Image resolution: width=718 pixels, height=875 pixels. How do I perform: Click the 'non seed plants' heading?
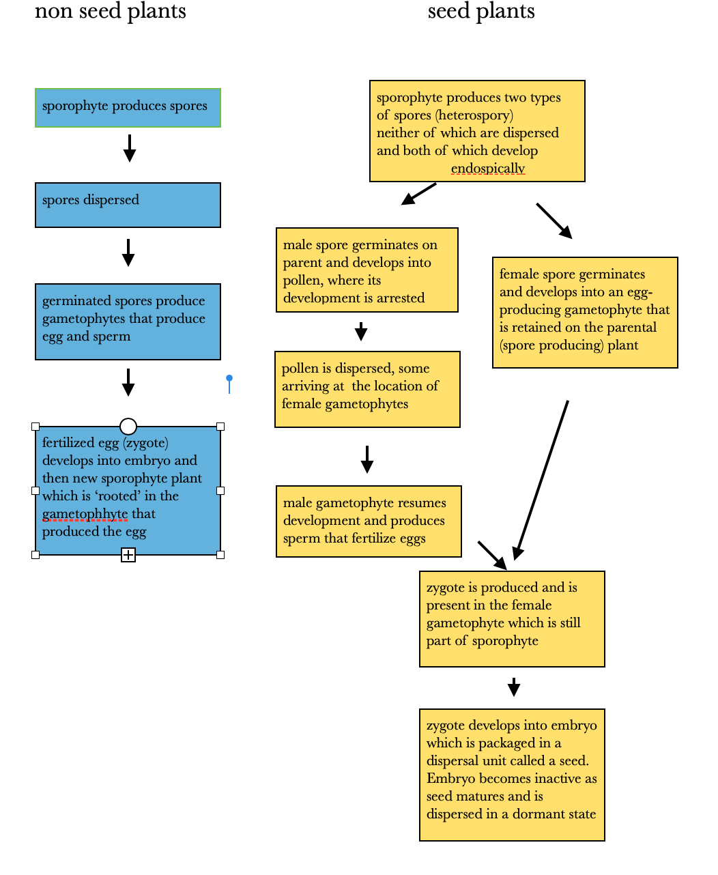(111, 11)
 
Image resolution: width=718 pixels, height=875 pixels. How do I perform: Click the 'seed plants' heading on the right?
(480, 11)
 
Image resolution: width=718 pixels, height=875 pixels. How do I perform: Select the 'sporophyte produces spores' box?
(128, 107)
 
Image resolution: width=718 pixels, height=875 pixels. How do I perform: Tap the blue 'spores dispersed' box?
(128, 205)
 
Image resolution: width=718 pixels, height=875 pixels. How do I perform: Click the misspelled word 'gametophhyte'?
(85, 514)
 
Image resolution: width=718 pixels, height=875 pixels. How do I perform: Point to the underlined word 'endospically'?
(488, 168)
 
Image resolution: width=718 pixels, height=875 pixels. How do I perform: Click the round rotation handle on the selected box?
(128, 426)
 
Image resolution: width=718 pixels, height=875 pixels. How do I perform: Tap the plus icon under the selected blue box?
(128, 555)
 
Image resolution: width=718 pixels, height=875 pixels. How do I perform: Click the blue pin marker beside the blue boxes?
(229, 384)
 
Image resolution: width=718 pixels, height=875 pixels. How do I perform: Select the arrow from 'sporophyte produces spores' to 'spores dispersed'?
(130, 148)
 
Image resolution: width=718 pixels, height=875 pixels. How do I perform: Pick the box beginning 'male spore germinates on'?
(367, 270)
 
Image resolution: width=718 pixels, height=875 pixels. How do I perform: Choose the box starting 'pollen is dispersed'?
(367, 389)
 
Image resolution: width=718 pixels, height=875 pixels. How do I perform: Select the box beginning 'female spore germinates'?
(585, 313)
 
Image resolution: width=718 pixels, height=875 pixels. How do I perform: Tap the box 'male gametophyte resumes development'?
(369, 521)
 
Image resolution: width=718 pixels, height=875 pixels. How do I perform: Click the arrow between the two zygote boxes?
(514, 687)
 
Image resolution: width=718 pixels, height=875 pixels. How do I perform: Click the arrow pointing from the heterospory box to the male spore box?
(418, 194)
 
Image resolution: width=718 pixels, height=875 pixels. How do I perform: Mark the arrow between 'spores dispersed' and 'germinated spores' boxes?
(128, 253)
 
